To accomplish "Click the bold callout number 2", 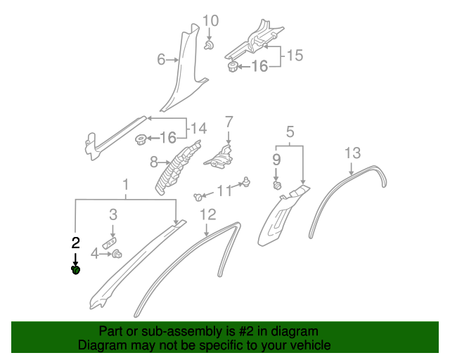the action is [76, 243].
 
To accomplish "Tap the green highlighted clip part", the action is [76, 269].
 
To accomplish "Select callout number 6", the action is [161, 60].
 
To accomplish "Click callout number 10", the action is [210, 21].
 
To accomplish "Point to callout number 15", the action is [295, 55].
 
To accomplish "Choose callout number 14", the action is [199, 128].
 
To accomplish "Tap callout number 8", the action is [154, 162].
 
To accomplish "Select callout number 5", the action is [289, 131].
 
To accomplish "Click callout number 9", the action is [277, 160].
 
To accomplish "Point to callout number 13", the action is [352, 153].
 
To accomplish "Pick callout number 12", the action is [207, 214].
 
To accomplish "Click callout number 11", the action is [224, 191].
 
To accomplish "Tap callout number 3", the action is [112, 214].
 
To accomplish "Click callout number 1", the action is [126, 186].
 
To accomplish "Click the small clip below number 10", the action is [210, 46].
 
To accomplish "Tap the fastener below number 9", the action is [277, 186].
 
